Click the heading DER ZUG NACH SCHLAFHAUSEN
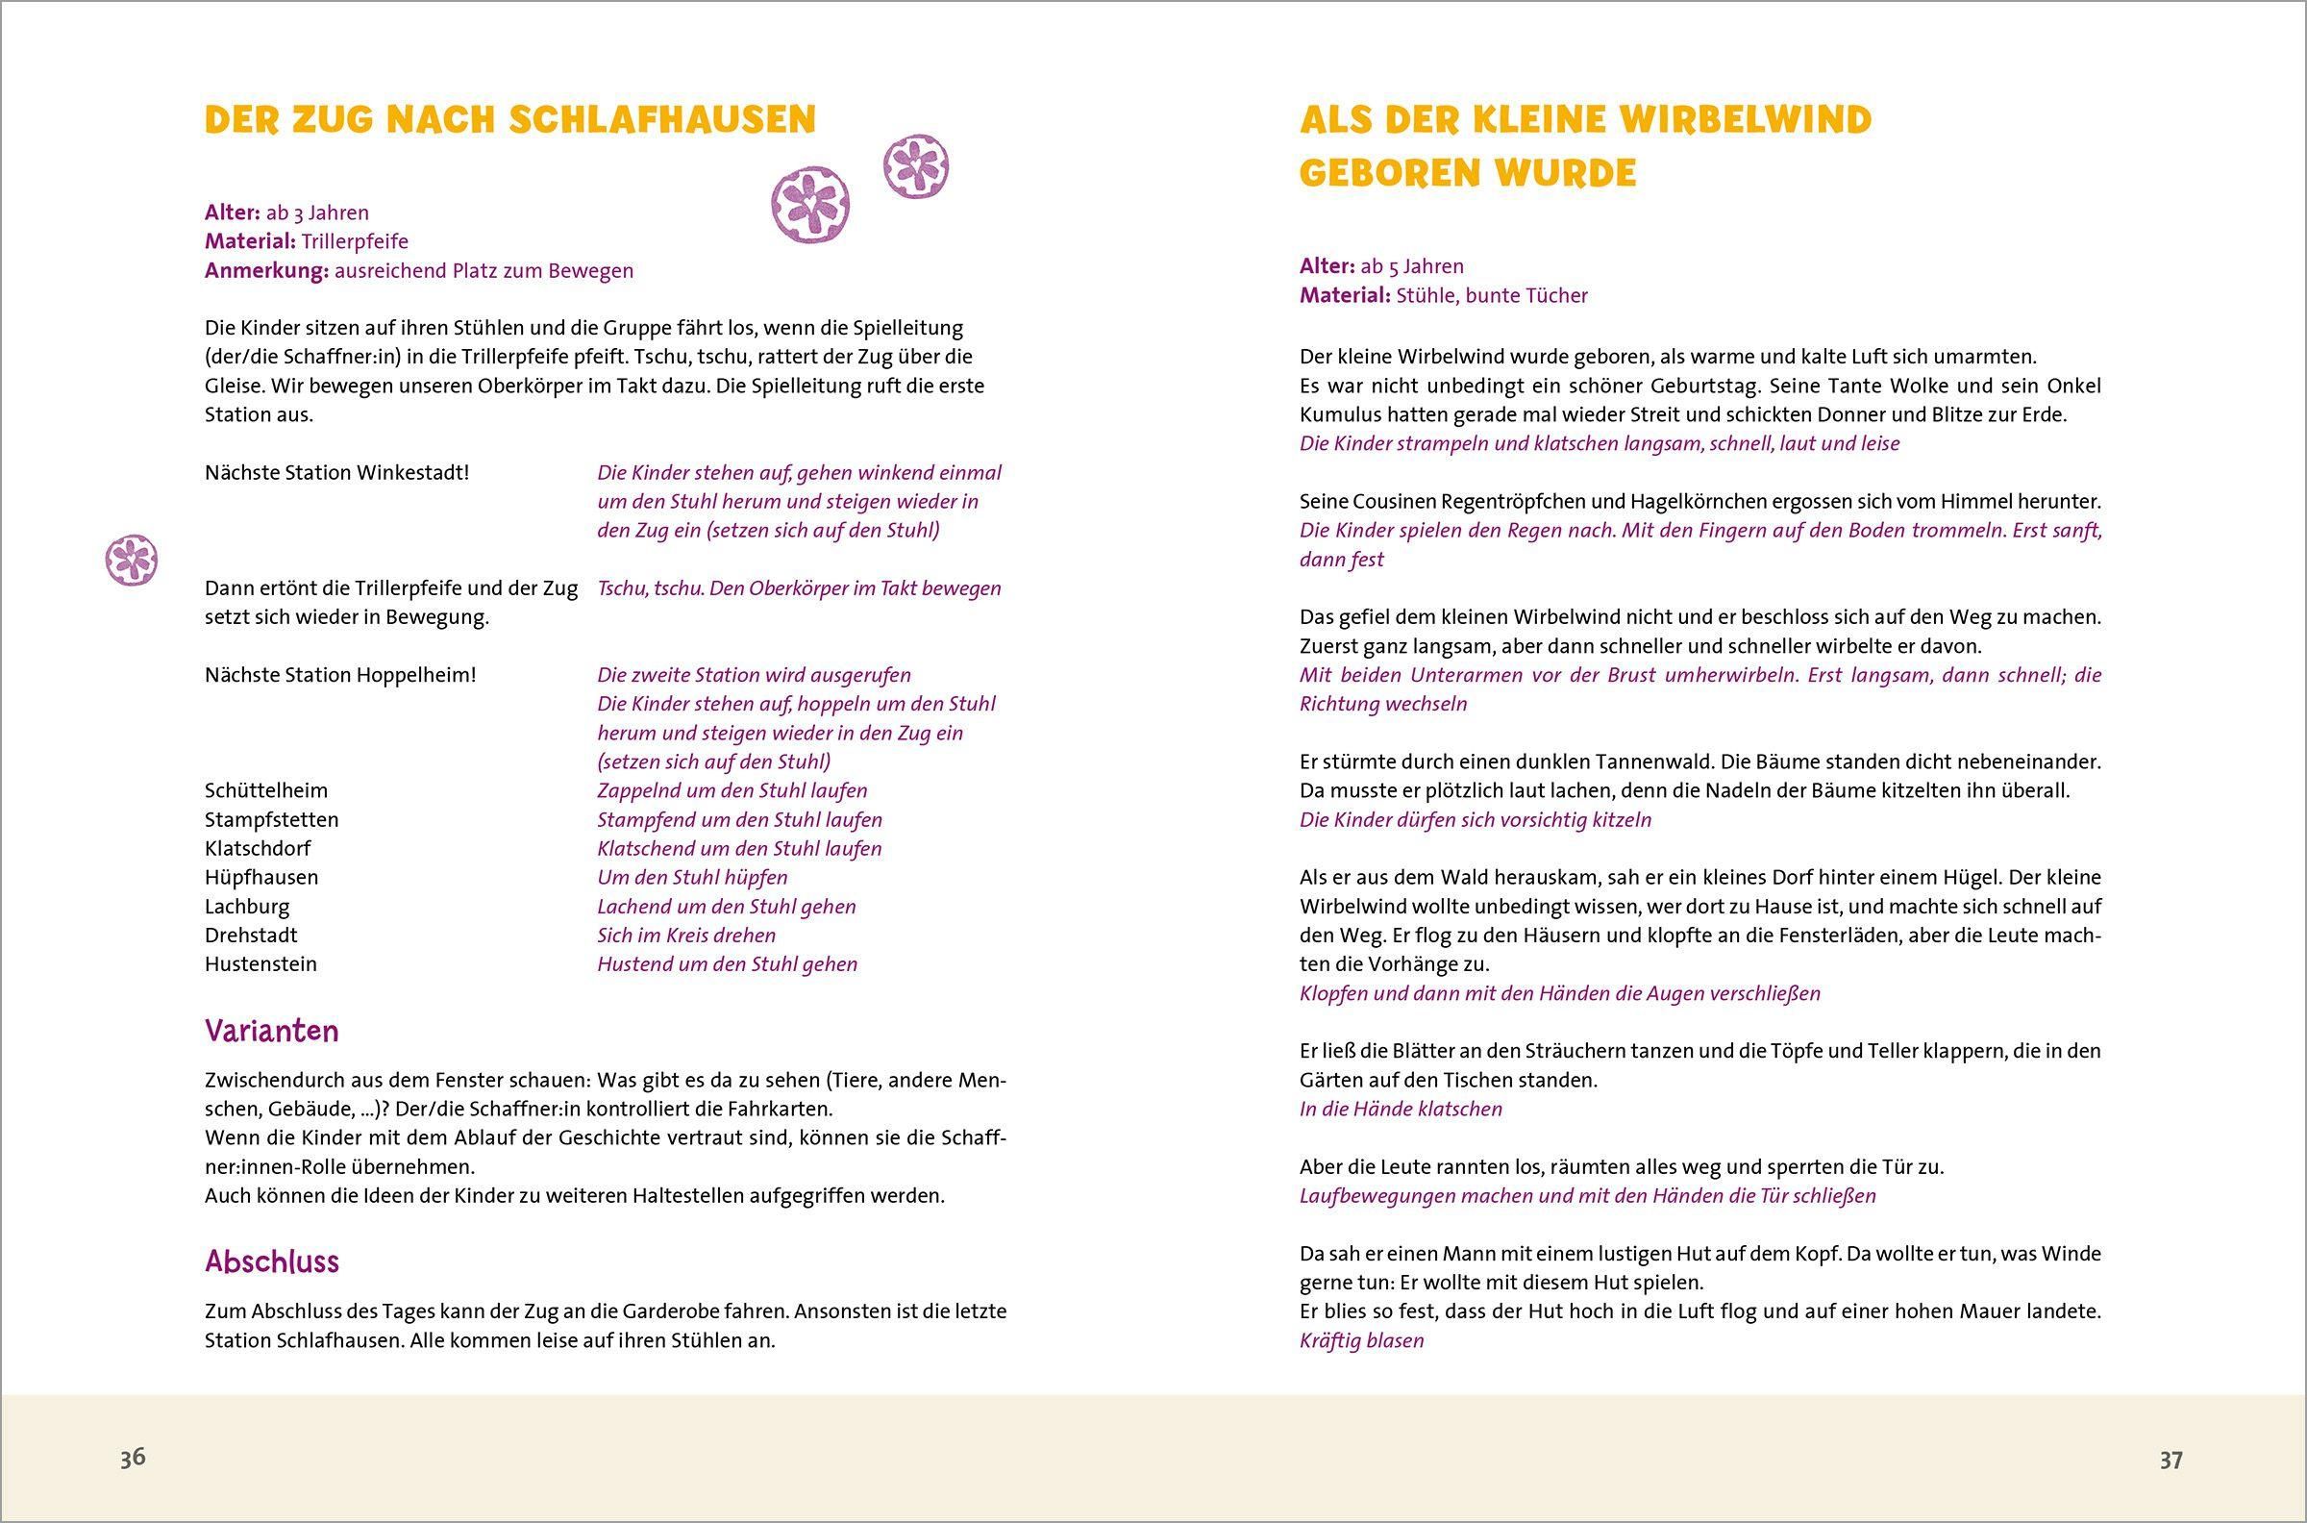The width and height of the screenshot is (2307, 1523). [x=509, y=119]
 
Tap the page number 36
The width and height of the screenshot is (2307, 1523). [x=133, y=1458]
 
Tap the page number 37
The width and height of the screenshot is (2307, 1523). [x=2171, y=1460]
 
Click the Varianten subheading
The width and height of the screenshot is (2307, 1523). [x=272, y=1031]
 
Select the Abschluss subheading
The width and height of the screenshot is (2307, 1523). [x=272, y=1261]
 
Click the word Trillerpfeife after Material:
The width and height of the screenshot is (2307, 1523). [x=355, y=241]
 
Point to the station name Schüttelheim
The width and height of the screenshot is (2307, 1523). [x=266, y=790]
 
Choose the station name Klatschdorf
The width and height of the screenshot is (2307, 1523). [x=258, y=848]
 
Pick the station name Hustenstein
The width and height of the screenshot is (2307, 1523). [x=260, y=963]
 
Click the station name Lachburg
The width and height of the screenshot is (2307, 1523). [x=247, y=907]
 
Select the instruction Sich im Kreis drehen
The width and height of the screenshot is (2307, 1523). [x=686, y=936]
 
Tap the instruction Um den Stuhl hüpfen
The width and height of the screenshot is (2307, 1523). [x=692, y=877]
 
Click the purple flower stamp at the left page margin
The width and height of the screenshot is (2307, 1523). [x=131, y=560]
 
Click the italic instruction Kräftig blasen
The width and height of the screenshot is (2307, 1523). [x=1361, y=1340]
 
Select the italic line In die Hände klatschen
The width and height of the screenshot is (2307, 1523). [x=1401, y=1109]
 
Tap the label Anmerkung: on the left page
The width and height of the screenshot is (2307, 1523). [x=266, y=270]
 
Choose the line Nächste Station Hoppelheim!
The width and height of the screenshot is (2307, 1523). [x=340, y=674]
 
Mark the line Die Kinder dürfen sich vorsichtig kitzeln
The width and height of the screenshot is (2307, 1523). [x=1475, y=819]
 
